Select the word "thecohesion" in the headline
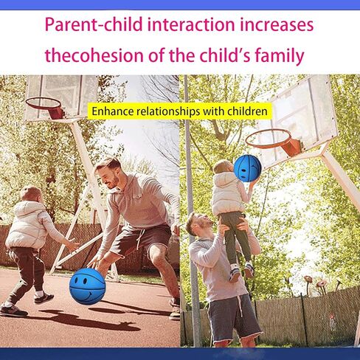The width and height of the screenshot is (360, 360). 94,55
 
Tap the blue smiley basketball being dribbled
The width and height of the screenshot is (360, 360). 88,286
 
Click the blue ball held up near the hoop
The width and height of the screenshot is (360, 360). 247,168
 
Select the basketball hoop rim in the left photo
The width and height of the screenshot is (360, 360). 44,103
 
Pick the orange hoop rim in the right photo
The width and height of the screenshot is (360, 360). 269,139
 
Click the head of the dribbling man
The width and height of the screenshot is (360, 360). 108,173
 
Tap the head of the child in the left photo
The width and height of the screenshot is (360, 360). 30,194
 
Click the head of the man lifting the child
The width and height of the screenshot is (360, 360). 198,224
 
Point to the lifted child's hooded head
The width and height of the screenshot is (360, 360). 223,167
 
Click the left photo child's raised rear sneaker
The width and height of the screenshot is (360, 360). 44,297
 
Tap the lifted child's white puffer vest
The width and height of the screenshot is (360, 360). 226,193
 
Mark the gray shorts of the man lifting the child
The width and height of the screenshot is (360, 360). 234,318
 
